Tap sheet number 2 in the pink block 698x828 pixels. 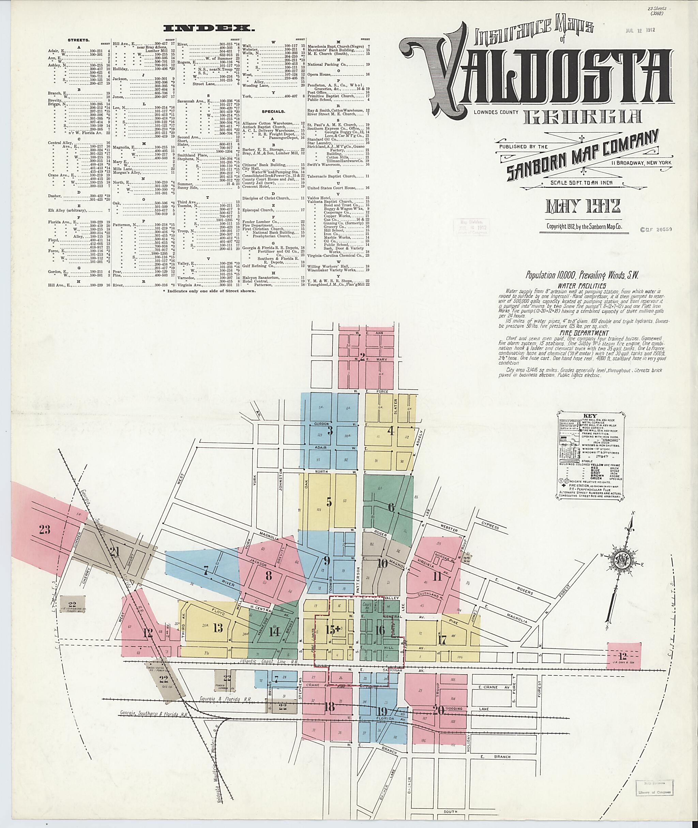click(x=362, y=357)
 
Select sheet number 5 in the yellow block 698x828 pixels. click(x=329, y=501)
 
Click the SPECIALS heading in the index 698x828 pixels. click(x=273, y=111)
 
